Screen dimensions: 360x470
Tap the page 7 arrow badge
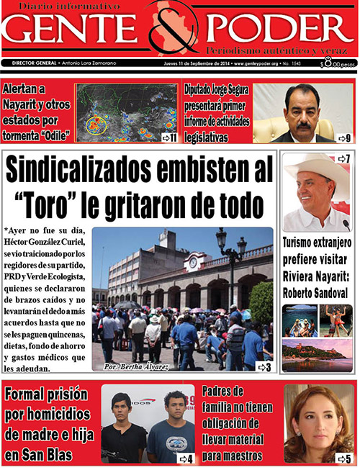(343, 159)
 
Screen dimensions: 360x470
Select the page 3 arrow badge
(264, 367)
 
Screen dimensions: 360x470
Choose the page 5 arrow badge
(343, 458)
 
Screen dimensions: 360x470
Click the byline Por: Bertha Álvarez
(135, 367)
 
